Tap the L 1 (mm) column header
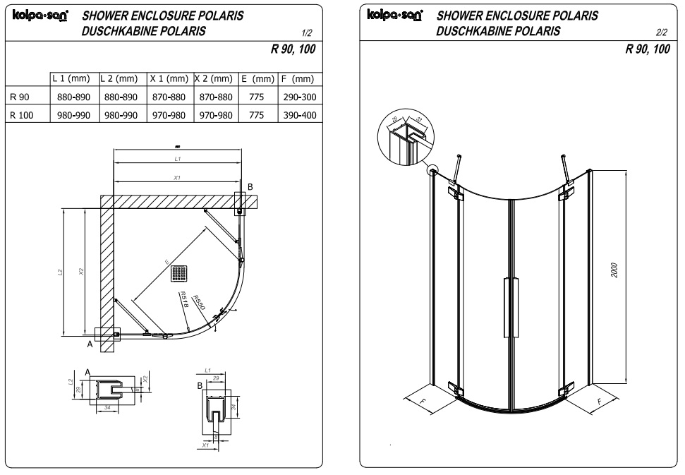pos(71,80)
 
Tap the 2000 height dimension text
pos(614,270)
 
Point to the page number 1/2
pos(305,33)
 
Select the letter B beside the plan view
pos(249,186)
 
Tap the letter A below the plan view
pos(90,345)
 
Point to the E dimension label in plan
pos(167,262)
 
